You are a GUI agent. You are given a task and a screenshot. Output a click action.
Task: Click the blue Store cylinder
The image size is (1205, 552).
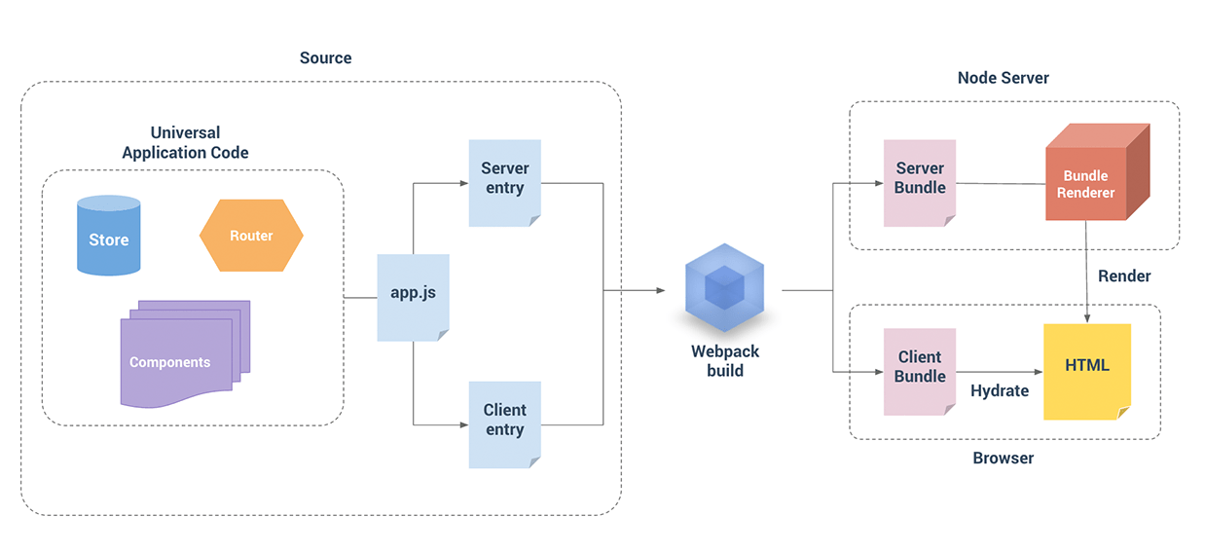click(108, 236)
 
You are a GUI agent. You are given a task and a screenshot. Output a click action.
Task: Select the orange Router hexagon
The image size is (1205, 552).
click(251, 236)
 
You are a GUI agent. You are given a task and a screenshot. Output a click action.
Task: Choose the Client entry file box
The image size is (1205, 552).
click(504, 423)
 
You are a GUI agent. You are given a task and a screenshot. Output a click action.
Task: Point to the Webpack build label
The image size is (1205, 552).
click(724, 360)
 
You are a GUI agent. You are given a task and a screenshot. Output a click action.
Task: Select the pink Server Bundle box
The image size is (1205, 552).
click(919, 182)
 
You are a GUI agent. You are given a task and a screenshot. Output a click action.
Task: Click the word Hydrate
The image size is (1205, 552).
click(999, 390)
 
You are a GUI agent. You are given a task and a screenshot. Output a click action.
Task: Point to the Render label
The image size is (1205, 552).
click(1124, 276)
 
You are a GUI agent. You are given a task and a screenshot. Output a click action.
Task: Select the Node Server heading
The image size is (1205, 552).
click(1003, 78)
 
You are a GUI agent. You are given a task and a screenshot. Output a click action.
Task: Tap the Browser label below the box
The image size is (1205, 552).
click(1003, 458)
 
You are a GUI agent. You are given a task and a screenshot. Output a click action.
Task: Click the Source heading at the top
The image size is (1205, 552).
click(325, 58)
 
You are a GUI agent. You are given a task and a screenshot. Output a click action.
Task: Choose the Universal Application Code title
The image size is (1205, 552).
click(185, 142)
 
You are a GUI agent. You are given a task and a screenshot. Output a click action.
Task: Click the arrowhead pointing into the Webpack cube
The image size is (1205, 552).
click(661, 290)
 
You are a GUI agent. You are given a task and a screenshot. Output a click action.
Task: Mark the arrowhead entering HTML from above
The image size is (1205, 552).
click(1086, 318)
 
